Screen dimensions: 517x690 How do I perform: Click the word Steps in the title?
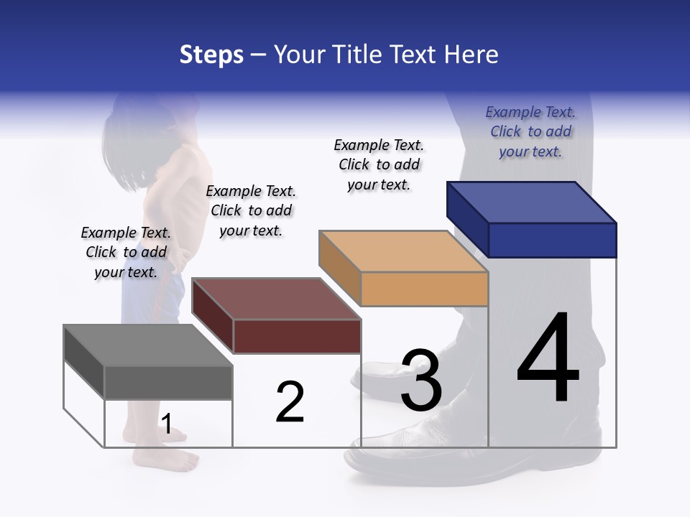(211, 55)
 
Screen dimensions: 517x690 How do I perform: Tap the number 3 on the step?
(421, 381)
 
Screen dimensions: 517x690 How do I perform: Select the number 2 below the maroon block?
(290, 402)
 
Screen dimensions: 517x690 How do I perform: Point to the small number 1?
(166, 424)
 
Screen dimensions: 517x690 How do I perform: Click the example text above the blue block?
(530, 132)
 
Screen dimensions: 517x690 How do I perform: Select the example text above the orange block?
(379, 164)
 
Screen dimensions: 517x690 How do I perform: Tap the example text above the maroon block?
(251, 210)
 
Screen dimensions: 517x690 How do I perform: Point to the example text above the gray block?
(126, 252)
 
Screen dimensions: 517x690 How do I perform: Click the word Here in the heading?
(473, 55)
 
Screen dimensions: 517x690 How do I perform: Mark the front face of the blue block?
(552, 240)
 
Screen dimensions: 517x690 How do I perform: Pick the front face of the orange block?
(424, 289)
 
